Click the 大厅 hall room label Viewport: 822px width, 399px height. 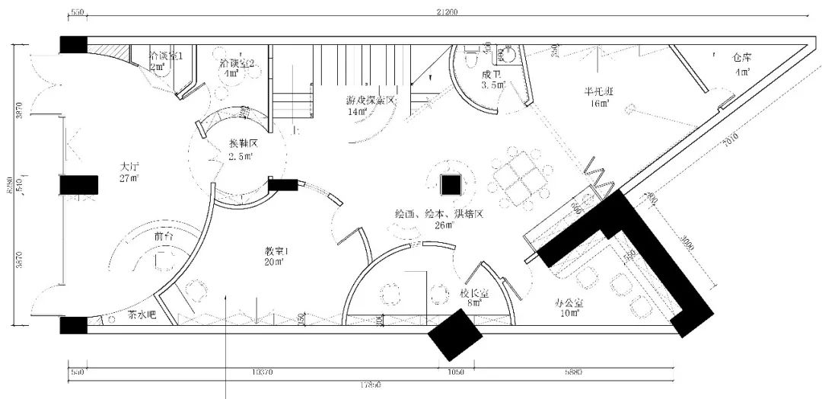[127, 166]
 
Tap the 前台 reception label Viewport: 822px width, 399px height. [163, 237]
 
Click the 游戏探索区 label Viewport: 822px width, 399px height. [371, 101]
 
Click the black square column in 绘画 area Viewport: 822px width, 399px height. [450, 184]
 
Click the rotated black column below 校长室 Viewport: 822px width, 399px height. [454, 335]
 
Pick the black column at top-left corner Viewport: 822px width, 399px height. [74, 44]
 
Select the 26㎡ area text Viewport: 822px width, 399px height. [444, 225]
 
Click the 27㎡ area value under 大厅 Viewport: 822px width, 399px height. [127, 179]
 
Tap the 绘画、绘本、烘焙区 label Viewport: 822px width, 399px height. [439, 213]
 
